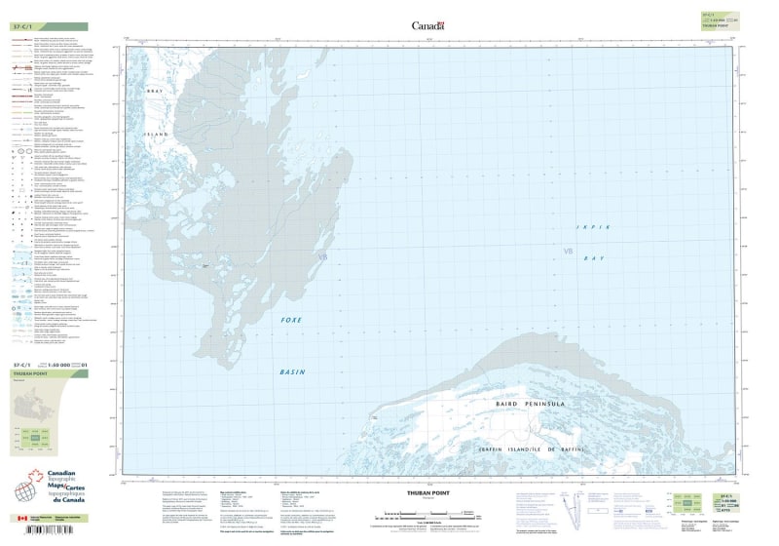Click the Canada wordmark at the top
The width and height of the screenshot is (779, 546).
427,25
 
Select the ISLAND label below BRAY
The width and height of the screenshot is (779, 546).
157,134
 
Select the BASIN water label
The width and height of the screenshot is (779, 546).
292,371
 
